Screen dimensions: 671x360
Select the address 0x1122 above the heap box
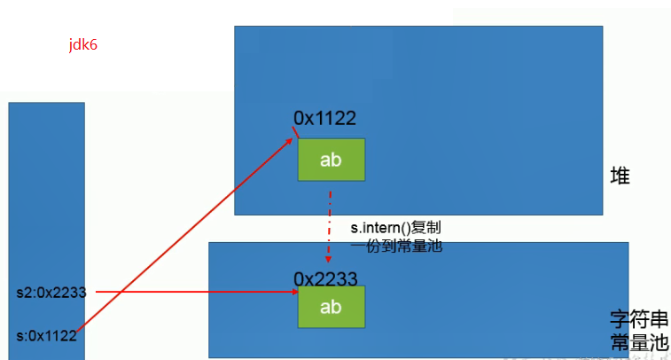tap(325, 118)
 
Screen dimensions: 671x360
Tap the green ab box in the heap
tap(331, 160)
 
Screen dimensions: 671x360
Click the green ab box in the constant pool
tap(331, 308)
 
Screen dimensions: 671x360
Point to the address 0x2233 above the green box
tap(325, 278)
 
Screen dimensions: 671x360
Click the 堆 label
tap(620, 176)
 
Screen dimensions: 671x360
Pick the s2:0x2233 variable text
tap(51, 292)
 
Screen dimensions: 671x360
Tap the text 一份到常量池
tap(396, 247)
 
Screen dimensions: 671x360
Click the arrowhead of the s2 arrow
tap(292, 292)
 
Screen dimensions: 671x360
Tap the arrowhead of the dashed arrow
tap(330, 262)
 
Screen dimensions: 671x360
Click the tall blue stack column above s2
tap(46, 191)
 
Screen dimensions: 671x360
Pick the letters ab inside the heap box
tap(331, 160)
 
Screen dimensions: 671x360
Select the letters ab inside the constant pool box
tap(331, 308)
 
